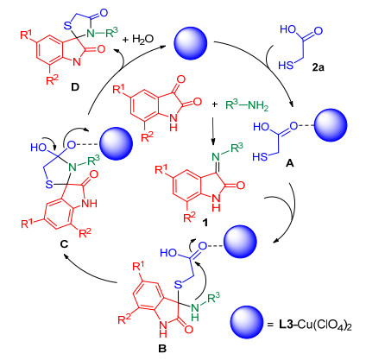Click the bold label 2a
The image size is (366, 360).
click(x=319, y=67)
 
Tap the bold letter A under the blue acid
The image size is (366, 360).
click(x=290, y=164)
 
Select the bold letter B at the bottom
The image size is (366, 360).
click(x=162, y=349)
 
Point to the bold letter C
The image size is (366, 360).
click(x=64, y=244)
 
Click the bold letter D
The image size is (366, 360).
click(x=75, y=87)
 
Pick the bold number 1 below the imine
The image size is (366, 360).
click(x=205, y=222)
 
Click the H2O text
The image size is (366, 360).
click(x=142, y=39)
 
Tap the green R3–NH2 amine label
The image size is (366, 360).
click(x=247, y=105)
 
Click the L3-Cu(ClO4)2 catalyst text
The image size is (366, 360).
click(x=315, y=325)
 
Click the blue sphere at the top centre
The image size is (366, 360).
click(x=191, y=43)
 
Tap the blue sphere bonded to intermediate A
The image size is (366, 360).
click(x=331, y=125)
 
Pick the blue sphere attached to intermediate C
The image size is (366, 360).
click(x=116, y=143)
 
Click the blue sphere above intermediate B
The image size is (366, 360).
click(x=240, y=242)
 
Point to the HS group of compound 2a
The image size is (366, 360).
click(x=286, y=66)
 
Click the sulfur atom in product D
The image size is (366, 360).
click(x=67, y=26)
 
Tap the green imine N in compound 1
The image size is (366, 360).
click(x=216, y=156)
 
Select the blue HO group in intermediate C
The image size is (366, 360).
click(x=39, y=148)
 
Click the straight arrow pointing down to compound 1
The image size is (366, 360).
click(x=213, y=130)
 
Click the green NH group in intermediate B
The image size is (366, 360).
click(x=195, y=313)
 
